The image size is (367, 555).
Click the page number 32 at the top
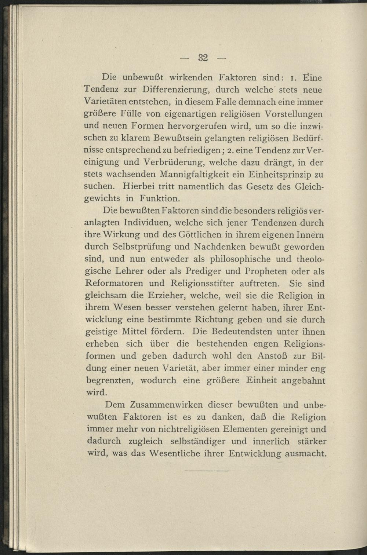point(203,58)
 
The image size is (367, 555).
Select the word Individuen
point(147,223)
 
